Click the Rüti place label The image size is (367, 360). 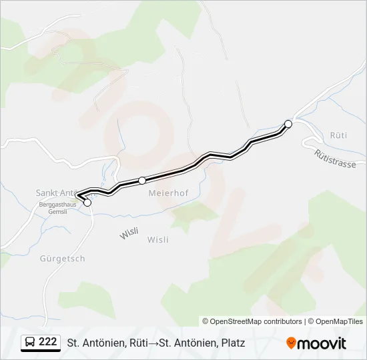338,135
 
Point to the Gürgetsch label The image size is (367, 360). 62,259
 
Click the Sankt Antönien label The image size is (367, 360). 58,193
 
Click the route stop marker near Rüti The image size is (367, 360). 288,123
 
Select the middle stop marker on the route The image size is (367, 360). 142,180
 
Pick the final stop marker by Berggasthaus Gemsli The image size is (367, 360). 87,202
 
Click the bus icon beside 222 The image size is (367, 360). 29,343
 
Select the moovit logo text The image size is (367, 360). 322,343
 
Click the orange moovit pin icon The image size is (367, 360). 291,343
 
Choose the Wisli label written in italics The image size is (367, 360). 129,235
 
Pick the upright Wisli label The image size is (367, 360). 157,240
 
